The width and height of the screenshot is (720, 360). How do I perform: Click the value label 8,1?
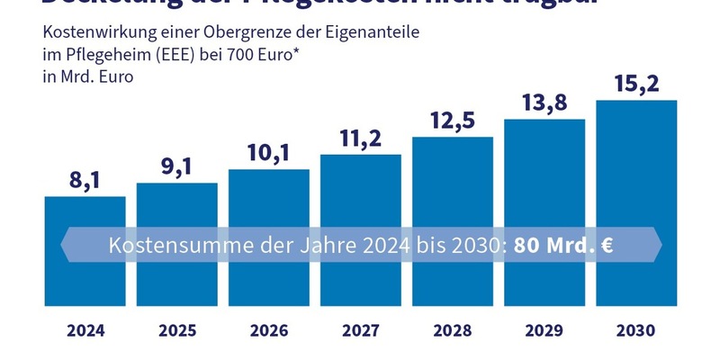(85, 179)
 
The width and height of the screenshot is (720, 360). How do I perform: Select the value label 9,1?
(177, 166)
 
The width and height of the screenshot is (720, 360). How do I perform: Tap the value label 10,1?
(268, 152)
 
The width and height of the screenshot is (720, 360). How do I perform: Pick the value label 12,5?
(452, 120)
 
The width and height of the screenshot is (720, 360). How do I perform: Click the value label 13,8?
(544, 102)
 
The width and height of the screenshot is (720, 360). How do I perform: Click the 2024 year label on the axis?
(85, 330)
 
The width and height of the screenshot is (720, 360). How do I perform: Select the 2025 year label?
(177, 330)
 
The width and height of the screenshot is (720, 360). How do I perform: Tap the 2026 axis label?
(269, 330)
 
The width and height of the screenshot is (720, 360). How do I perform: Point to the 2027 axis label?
(361, 330)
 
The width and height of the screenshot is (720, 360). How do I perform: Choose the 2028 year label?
(453, 330)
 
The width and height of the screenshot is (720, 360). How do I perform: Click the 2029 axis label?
(544, 330)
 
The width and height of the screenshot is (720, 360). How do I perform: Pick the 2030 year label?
(636, 330)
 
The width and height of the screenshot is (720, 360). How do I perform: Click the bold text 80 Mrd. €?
(563, 245)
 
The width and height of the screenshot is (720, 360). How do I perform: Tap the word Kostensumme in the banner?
(166, 245)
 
